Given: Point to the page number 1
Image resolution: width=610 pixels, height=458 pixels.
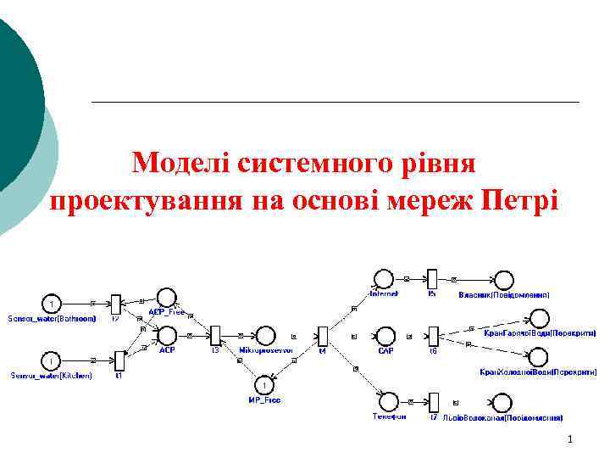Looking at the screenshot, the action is (x=571, y=439).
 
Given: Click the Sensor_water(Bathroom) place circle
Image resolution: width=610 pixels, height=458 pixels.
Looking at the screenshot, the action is (x=52, y=303).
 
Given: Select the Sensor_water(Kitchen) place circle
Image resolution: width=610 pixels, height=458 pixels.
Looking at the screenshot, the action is (x=52, y=361).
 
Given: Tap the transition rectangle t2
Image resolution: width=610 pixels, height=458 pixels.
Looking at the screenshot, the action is (x=117, y=303).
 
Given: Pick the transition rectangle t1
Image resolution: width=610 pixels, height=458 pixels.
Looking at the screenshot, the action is (x=119, y=361).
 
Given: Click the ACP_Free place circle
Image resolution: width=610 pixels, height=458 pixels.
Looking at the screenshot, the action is (x=167, y=297).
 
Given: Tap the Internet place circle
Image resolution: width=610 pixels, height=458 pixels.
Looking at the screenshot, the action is (x=383, y=279).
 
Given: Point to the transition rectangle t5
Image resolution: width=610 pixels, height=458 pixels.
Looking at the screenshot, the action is (x=431, y=279).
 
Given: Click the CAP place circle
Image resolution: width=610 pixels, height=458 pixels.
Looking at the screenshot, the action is (x=385, y=336).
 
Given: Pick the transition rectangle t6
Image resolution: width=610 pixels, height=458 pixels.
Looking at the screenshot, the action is (x=433, y=336).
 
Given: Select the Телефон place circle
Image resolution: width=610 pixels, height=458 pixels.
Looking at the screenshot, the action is (x=389, y=400).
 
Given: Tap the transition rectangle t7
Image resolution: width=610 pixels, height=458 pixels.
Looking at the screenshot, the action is (x=433, y=401).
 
